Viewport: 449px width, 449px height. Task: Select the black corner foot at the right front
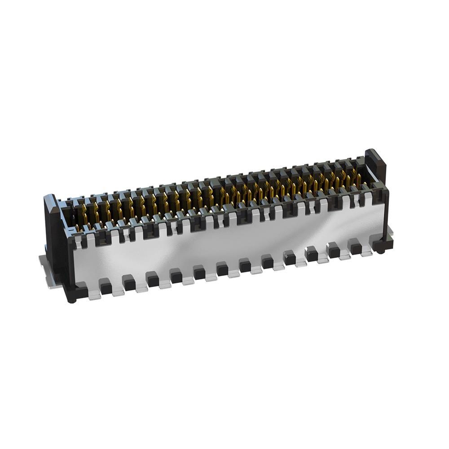383,245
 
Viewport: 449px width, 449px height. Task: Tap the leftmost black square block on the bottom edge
105,286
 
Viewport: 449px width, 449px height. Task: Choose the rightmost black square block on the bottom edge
356,248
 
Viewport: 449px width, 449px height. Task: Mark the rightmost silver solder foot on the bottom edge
367,252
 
